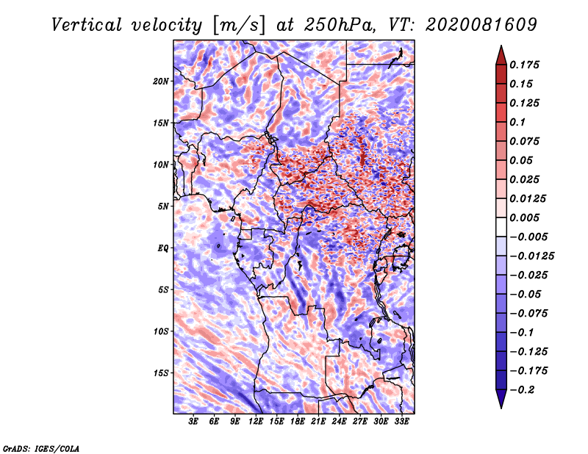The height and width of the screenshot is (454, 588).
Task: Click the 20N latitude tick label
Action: click(x=161, y=82)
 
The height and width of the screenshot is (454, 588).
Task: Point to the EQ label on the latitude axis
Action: click(x=163, y=248)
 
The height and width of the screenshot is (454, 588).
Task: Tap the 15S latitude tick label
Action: click(x=161, y=373)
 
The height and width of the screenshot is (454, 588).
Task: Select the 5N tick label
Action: click(x=163, y=206)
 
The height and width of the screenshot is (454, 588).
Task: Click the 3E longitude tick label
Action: click(x=193, y=422)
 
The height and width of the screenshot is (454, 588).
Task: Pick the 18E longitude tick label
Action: click(x=297, y=422)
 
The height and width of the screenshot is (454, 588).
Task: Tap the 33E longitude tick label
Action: click(x=401, y=422)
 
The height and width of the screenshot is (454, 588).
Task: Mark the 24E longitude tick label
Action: click(x=339, y=422)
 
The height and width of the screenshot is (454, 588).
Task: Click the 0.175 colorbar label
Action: click(x=524, y=65)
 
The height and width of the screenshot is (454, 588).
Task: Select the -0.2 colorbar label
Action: click(x=522, y=390)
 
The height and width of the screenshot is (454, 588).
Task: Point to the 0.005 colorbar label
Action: click(x=524, y=217)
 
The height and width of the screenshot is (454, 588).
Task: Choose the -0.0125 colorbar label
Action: click(x=531, y=256)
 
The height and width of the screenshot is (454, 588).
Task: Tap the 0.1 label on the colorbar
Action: click(x=517, y=122)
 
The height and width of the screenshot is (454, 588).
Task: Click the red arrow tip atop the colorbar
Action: click(x=501, y=46)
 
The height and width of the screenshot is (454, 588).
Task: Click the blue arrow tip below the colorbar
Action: click(x=501, y=408)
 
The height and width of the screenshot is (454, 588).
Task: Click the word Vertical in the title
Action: click(x=87, y=25)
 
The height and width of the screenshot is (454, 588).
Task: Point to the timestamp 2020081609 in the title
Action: click(x=481, y=25)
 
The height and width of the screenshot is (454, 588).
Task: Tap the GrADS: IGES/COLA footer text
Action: click(x=41, y=449)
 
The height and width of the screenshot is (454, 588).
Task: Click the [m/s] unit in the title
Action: click(x=239, y=25)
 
